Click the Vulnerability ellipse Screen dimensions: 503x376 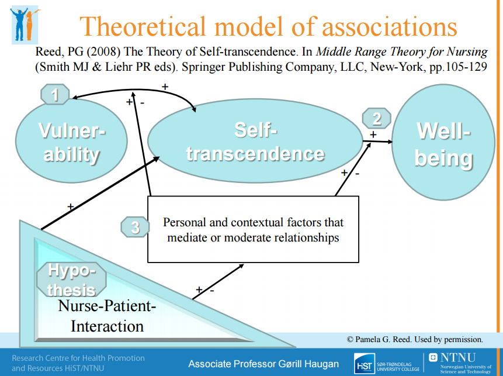(71, 141)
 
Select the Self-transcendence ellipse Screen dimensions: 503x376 (255, 141)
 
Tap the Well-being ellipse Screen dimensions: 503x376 (443, 142)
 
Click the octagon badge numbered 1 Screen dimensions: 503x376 (55, 94)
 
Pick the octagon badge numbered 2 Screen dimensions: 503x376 (377, 118)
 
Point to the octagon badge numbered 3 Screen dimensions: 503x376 (135, 227)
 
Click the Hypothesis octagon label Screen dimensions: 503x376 (71, 280)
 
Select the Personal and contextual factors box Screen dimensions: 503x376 (253, 229)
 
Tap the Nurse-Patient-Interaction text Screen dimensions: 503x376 (107, 316)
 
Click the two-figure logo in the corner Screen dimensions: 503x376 (25, 25)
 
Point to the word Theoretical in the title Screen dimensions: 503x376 (143, 26)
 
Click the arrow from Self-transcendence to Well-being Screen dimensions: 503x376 (377, 142)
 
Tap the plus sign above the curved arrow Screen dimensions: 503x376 (165, 87)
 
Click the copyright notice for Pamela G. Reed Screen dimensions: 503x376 (415, 339)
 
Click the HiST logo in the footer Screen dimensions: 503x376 (365, 364)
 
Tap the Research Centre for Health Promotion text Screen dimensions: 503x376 (78, 358)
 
